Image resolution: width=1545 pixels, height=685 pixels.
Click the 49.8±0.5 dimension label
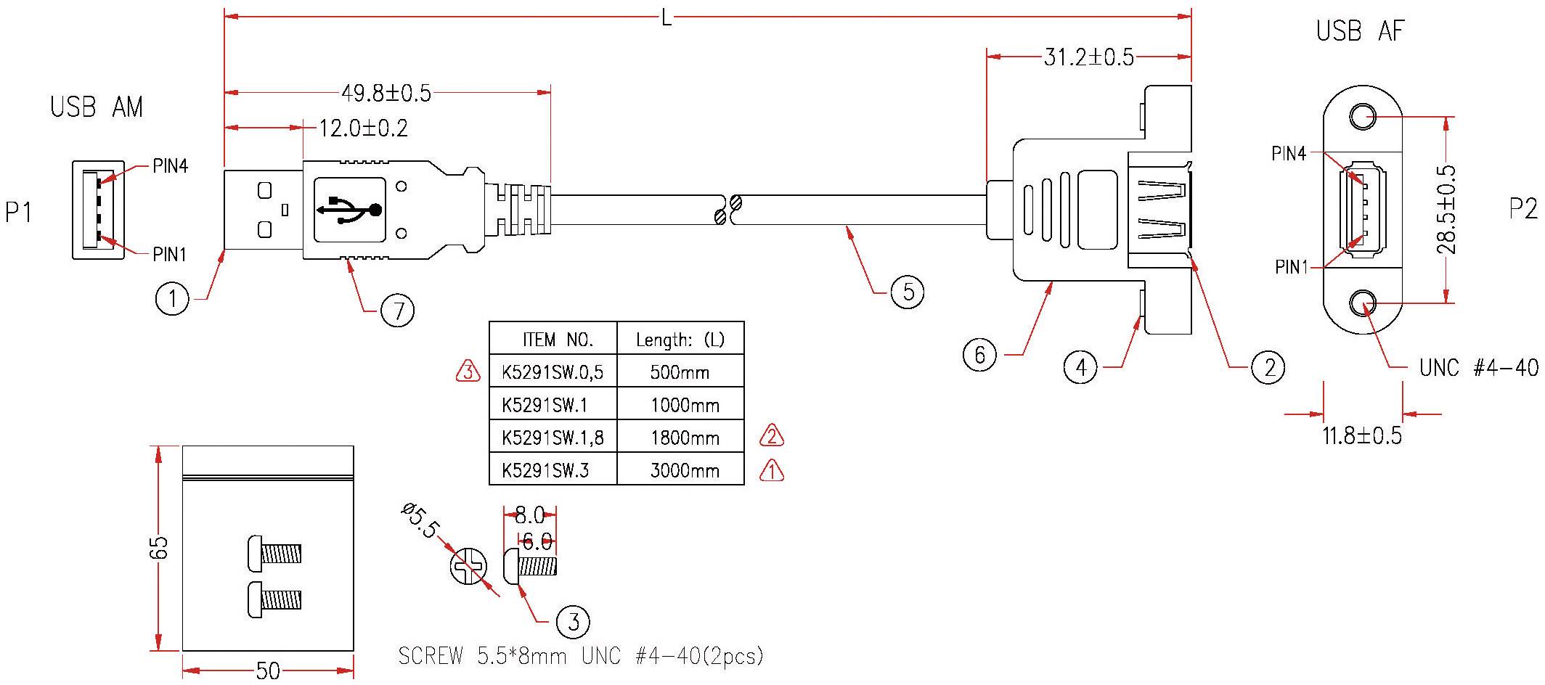[386, 93]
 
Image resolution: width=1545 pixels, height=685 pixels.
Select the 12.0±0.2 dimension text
[363, 128]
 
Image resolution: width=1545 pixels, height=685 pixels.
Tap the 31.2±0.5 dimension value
[1088, 57]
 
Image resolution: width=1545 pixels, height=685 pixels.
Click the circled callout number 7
[398, 311]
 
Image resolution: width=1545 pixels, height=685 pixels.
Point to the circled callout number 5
[908, 292]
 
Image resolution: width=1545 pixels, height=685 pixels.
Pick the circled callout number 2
[1268, 368]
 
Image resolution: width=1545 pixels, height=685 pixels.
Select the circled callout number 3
[573, 622]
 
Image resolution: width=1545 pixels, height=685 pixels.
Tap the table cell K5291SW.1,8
[553, 438]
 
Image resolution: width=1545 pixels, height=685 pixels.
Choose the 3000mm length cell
[684, 471]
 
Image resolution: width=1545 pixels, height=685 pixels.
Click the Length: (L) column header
[680, 340]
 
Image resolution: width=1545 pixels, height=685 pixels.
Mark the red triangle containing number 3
[468, 372]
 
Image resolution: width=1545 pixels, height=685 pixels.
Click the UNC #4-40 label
[1478, 368]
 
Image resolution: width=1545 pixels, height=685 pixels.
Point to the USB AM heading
[97, 107]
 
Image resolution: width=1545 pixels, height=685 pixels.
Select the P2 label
[1522, 209]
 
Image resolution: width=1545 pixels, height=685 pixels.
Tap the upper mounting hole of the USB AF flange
[1363, 117]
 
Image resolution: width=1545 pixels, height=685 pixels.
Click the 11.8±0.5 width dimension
[1361, 436]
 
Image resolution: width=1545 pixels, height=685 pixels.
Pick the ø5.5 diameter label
[420, 520]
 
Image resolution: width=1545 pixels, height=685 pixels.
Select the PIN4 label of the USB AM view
[171, 166]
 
